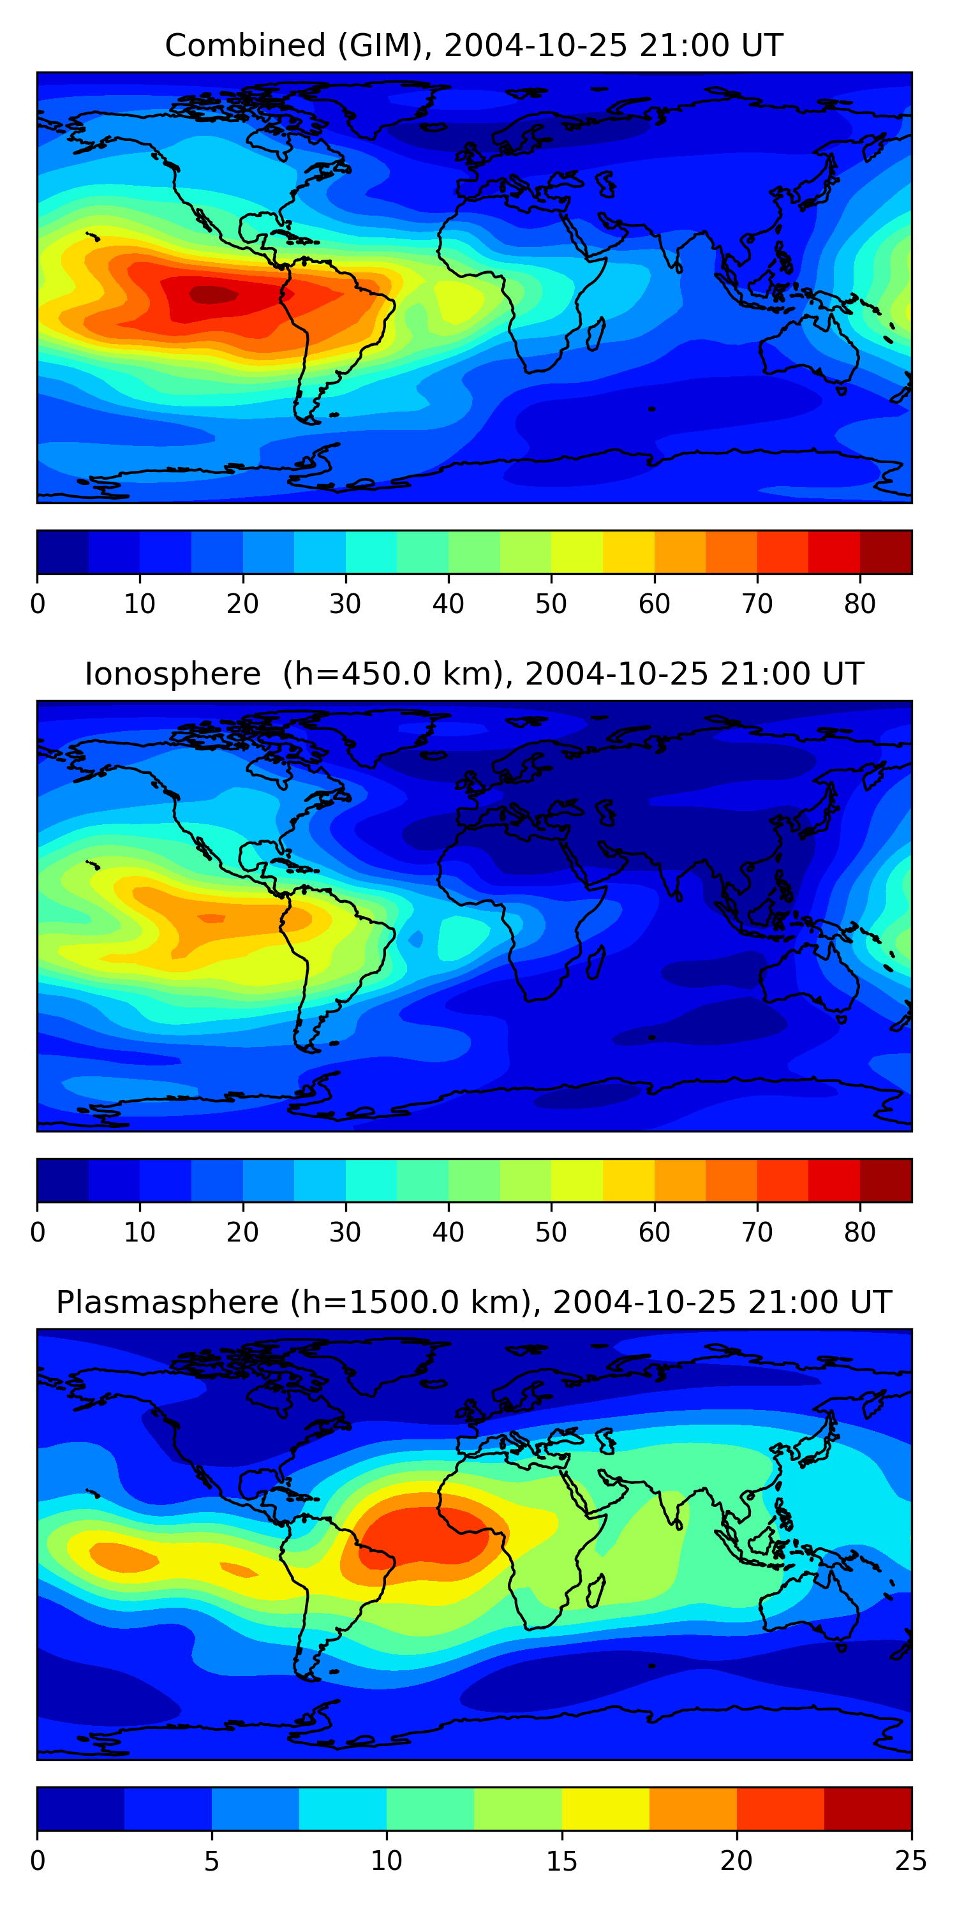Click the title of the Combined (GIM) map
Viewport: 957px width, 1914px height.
pos(473,45)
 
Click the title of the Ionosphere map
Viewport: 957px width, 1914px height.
pos(473,674)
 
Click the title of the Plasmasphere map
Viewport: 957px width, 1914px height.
pos(473,1303)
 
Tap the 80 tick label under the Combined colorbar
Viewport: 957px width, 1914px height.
pos(859,604)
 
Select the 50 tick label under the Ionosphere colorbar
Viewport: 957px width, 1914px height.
pos(551,1233)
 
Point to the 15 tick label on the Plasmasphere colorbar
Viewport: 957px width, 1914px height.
pos(561,1861)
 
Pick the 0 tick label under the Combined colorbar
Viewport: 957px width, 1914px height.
pos(38,604)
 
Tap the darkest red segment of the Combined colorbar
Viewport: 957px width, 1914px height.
pos(886,552)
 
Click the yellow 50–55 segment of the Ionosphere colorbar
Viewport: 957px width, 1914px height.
pos(577,1181)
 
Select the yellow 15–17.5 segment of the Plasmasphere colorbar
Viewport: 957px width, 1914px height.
pos(605,1809)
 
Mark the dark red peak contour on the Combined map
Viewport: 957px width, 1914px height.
pos(213,295)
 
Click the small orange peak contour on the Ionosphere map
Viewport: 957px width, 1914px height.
pos(212,918)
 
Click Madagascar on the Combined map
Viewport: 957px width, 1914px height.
pos(596,334)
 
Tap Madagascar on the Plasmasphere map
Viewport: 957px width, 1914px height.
pos(596,1592)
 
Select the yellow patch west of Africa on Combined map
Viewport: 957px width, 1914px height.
pos(457,302)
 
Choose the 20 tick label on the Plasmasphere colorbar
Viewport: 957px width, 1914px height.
pos(736,1861)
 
